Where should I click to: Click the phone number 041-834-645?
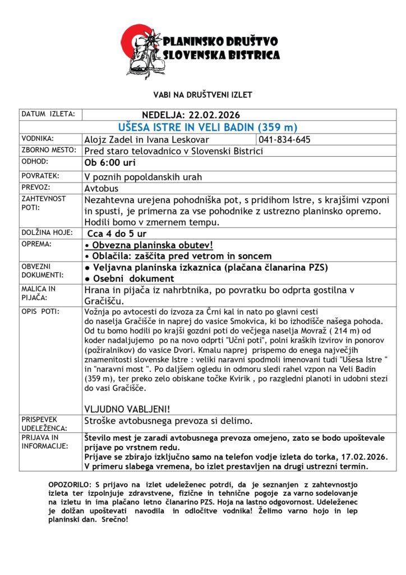click(285, 140)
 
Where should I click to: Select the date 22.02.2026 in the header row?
click(214, 115)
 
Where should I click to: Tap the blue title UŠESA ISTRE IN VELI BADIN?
click(208, 127)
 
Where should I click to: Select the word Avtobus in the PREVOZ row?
click(103, 188)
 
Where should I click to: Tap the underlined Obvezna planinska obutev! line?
click(149, 245)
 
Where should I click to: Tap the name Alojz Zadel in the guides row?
click(107, 140)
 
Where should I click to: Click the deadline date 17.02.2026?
click(362, 457)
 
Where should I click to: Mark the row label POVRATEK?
click(41, 175)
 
